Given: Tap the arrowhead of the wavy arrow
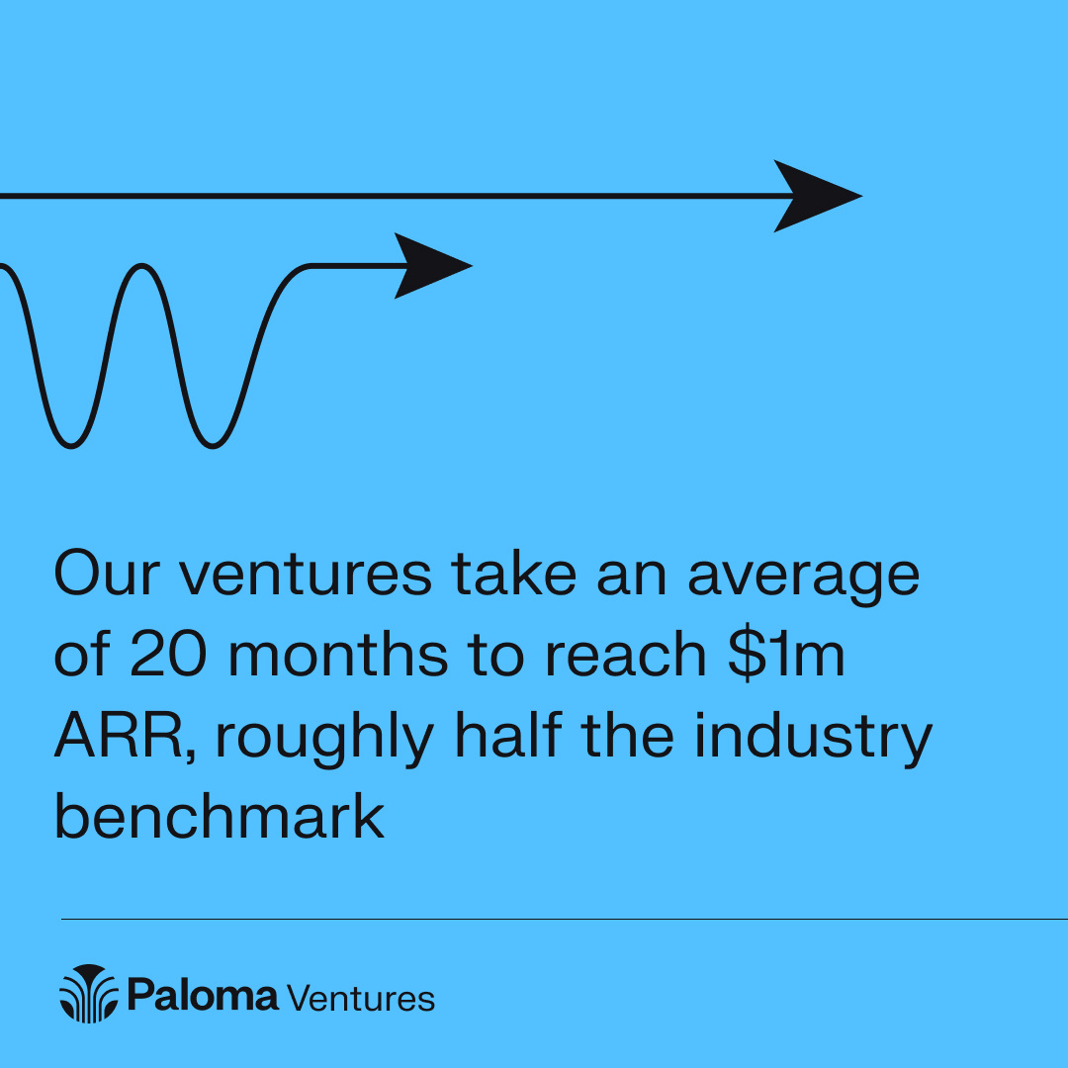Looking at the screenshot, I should coord(431,265).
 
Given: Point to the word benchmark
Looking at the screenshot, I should coord(219,817).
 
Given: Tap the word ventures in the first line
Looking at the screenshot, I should coord(306,576).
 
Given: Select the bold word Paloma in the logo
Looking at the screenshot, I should coord(203,995).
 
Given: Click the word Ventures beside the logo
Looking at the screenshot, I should coord(361,997).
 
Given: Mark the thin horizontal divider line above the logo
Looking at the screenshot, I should coord(564,919).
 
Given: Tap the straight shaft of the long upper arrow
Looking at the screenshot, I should coord(396,196).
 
